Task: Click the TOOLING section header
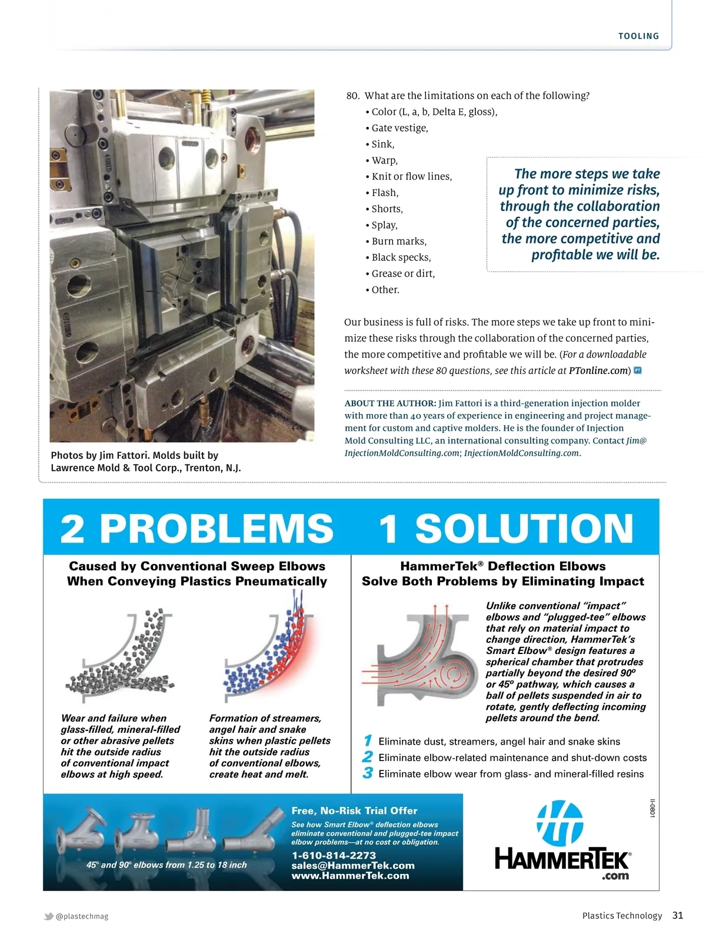638,36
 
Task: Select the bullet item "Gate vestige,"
399,128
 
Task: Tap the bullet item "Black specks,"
401,258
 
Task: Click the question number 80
352,96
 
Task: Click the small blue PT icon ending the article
637,371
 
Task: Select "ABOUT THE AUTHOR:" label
390,403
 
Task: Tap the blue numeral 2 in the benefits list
368,758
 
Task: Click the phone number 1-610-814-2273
334,856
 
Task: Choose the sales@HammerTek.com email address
353,866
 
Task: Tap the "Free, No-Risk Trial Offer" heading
354,811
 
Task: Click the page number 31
678,915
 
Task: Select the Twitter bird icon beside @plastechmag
49,916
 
